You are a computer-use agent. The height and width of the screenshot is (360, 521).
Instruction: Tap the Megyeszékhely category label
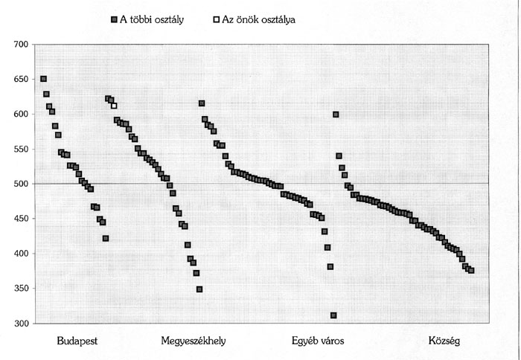pos(194,341)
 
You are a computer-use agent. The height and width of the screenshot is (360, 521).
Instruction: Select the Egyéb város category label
pos(313,341)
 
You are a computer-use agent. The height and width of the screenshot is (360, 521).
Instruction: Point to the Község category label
pos(444,341)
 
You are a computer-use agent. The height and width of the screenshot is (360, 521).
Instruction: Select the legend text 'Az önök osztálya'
pos(259,20)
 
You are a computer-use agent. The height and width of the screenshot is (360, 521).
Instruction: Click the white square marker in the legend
pos(216,20)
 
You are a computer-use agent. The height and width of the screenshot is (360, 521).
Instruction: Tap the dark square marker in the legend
pos(113,20)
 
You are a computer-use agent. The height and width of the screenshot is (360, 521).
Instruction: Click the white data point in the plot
pos(114,106)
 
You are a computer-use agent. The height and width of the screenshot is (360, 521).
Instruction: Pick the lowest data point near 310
pos(333,315)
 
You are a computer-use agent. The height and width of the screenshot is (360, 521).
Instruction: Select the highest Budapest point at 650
pos(43,79)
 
